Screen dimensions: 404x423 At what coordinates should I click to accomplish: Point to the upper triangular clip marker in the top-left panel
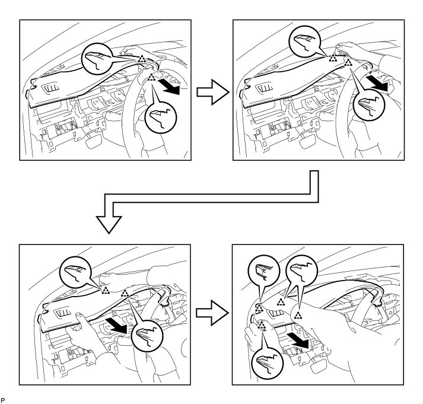[x=141, y=59]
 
